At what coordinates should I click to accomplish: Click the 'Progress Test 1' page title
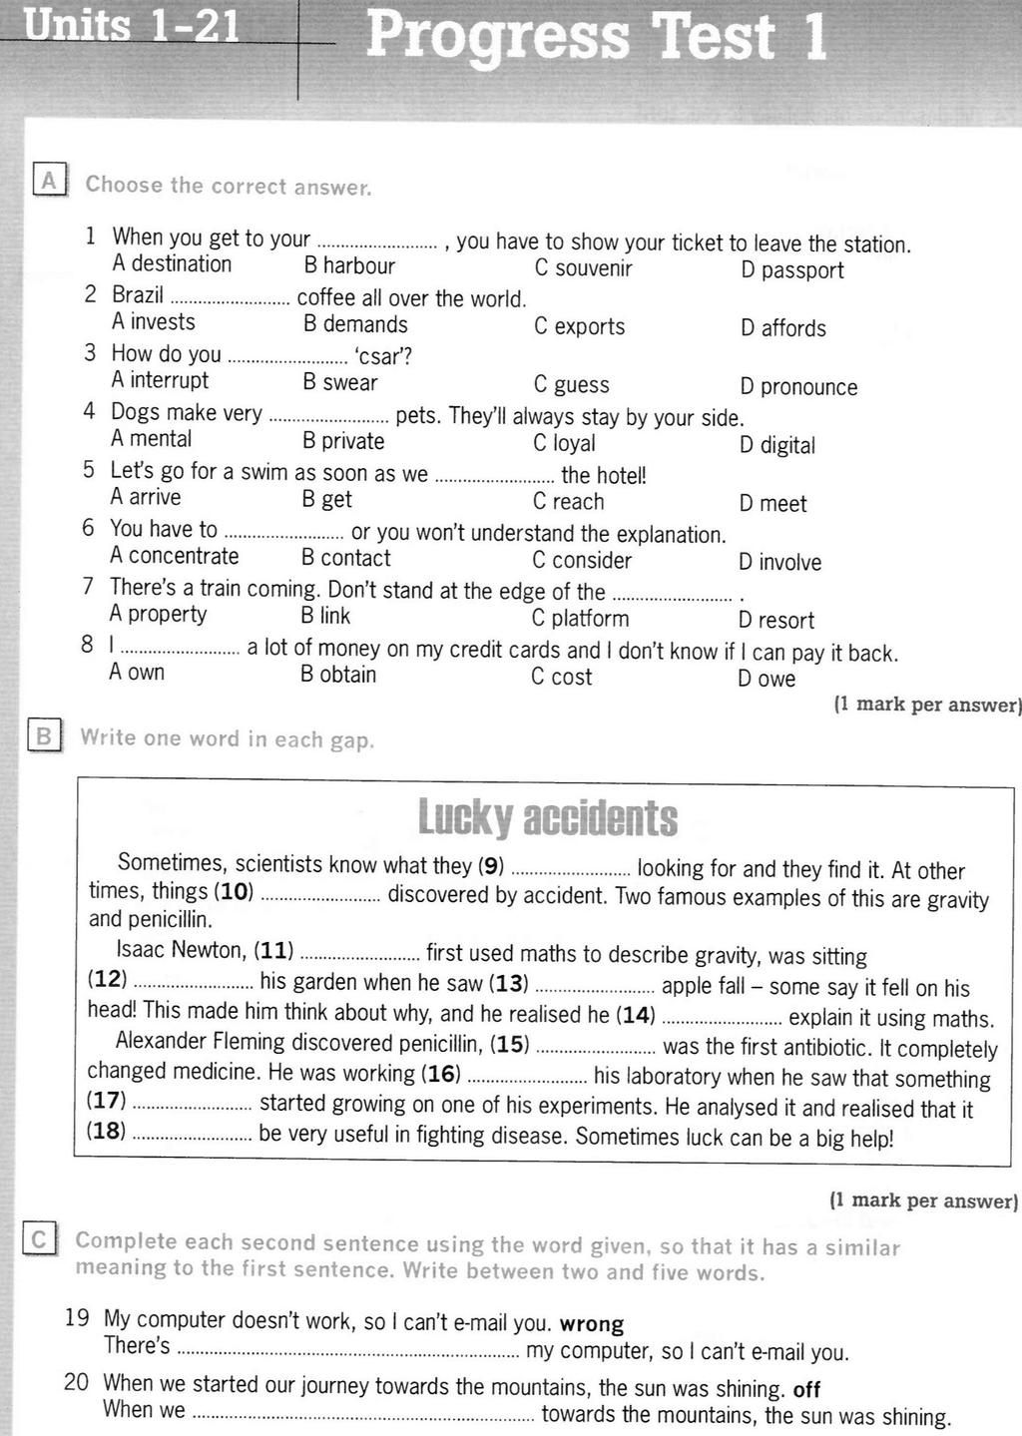(597, 37)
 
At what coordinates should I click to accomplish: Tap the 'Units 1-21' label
(132, 24)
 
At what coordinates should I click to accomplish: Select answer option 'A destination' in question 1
(172, 263)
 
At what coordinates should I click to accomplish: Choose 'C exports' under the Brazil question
(579, 326)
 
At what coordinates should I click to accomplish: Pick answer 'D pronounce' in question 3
(798, 387)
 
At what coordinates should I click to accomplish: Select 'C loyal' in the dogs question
(564, 443)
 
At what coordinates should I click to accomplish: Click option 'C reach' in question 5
(568, 502)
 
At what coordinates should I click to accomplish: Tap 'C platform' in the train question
(580, 619)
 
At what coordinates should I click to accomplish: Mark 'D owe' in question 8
(766, 680)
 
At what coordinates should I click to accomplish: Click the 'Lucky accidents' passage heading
(547, 818)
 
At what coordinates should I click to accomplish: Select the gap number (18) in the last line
(107, 1132)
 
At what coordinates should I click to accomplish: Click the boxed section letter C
(39, 1239)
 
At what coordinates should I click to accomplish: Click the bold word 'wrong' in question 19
(592, 1324)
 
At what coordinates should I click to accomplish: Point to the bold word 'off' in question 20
(806, 1389)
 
